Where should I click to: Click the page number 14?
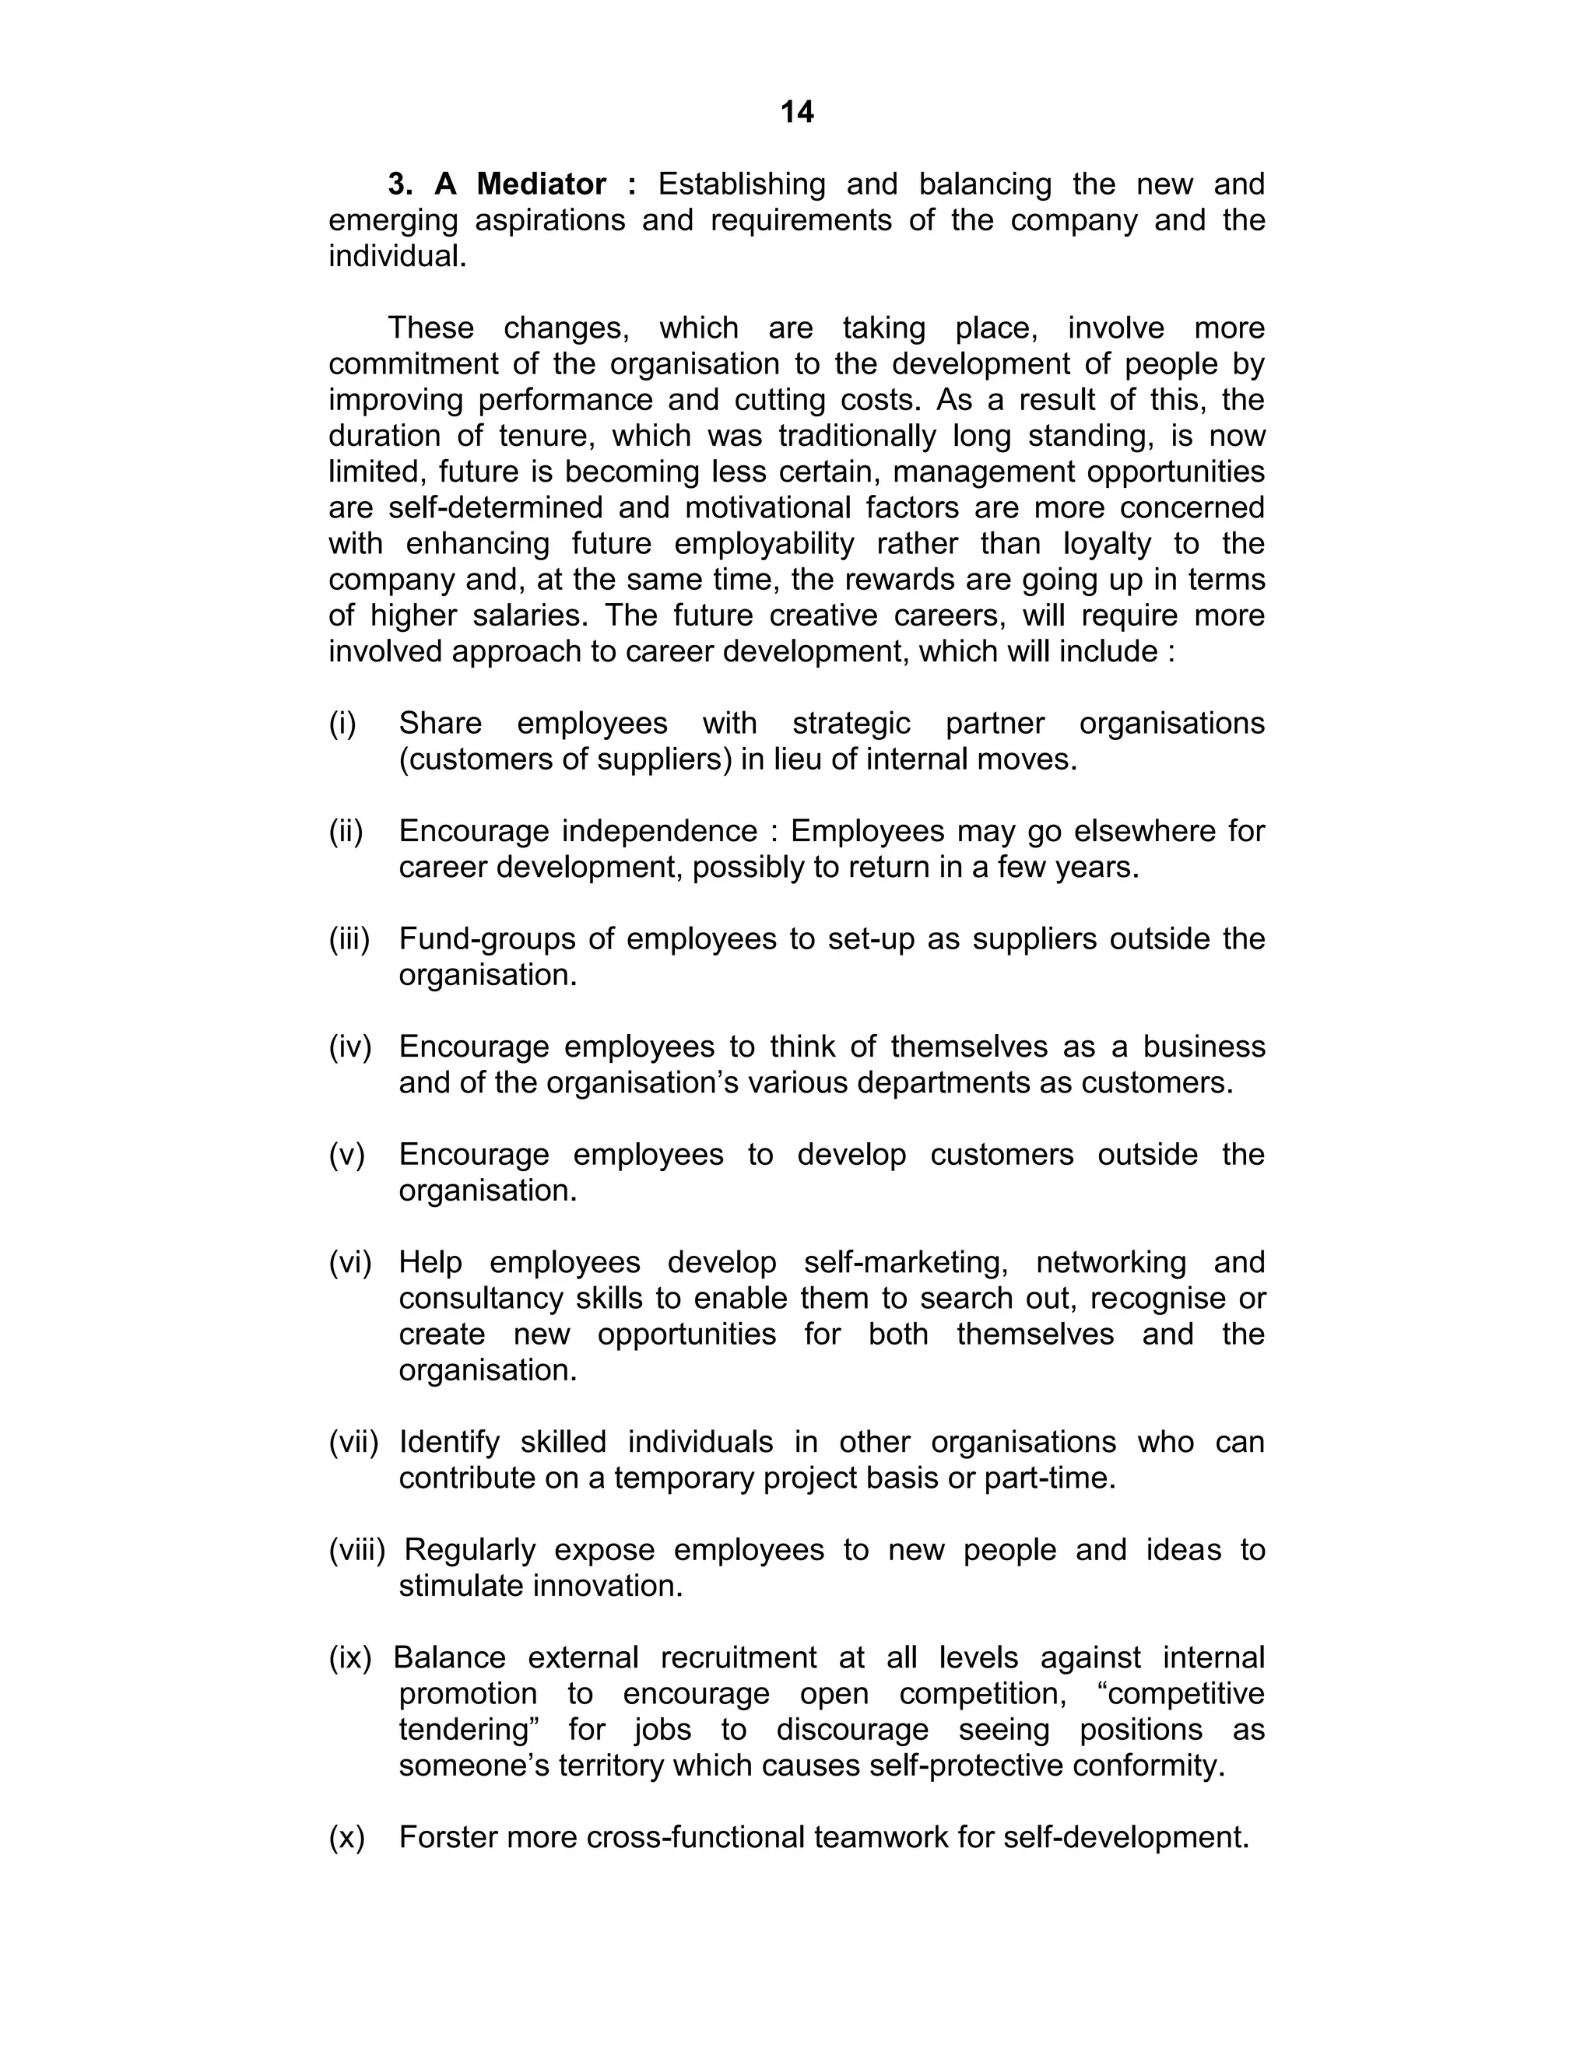click(797, 112)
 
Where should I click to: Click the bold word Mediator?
click(541, 184)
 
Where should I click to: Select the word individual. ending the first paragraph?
click(398, 256)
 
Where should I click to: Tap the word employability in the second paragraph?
click(763, 544)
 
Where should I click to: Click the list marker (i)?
click(342, 723)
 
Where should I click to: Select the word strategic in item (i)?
click(851, 723)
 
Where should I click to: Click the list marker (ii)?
click(346, 831)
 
